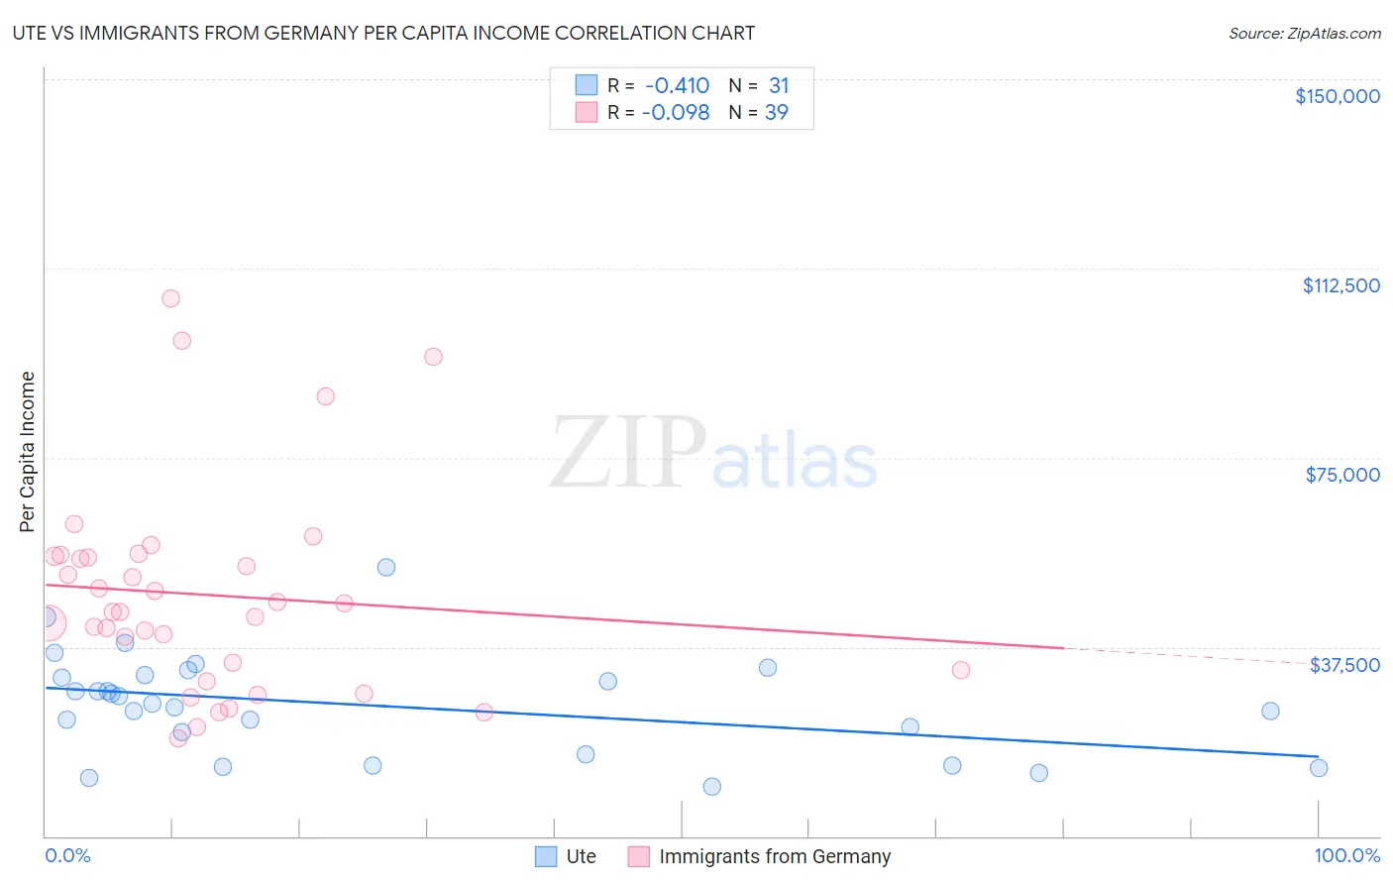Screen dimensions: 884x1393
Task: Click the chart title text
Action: (x=383, y=33)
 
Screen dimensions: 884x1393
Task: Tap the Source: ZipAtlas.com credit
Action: (x=1304, y=33)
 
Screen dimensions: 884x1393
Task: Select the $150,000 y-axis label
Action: (x=1337, y=96)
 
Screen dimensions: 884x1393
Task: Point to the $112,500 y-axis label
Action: (x=1340, y=285)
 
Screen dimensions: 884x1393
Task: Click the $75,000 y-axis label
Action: (x=1342, y=475)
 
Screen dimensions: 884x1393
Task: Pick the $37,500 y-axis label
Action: (x=1344, y=665)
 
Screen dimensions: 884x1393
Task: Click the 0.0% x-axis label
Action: (x=67, y=855)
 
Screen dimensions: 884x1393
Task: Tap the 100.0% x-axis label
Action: (x=1346, y=855)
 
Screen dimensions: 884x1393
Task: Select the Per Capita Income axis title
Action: (x=28, y=452)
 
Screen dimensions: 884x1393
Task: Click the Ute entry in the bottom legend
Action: (x=581, y=856)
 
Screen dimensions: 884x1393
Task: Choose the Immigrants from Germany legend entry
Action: (x=774, y=856)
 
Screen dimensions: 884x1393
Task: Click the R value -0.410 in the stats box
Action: (x=677, y=86)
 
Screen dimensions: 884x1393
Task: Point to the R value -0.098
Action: (x=676, y=113)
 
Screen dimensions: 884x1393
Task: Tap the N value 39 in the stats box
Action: (x=777, y=113)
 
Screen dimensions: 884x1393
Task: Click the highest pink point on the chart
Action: (x=170, y=298)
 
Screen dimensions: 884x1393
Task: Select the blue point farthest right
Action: (x=1318, y=768)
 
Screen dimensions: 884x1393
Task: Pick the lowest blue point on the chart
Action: (x=711, y=787)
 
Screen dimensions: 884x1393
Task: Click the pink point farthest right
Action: (x=960, y=670)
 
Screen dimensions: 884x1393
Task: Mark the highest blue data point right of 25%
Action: (x=386, y=567)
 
